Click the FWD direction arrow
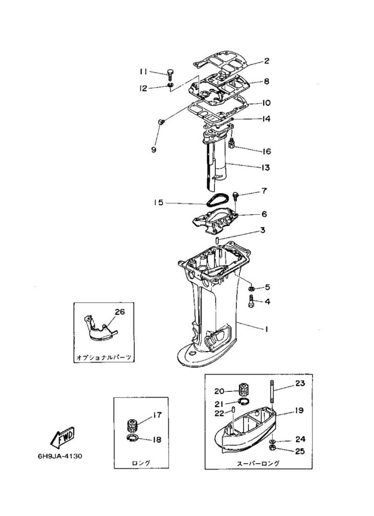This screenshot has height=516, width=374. [x=62, y=438]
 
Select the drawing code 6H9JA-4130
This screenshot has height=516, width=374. [x=60, y=457]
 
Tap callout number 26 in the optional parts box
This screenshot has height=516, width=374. [x=120, y=312]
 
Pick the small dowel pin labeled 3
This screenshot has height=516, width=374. [x=217, y=240]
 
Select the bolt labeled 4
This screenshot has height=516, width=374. [x=251, y=301]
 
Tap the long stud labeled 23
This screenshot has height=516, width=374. [x=272, y=391]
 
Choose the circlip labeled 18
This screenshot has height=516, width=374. [x=133, y=438]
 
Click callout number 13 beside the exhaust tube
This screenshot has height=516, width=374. [x=265, y=167]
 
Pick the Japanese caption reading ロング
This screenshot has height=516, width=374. [x=141, y=462]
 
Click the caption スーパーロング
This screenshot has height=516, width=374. [x=258, y=463]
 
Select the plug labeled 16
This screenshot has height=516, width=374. [x=232, y=144]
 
